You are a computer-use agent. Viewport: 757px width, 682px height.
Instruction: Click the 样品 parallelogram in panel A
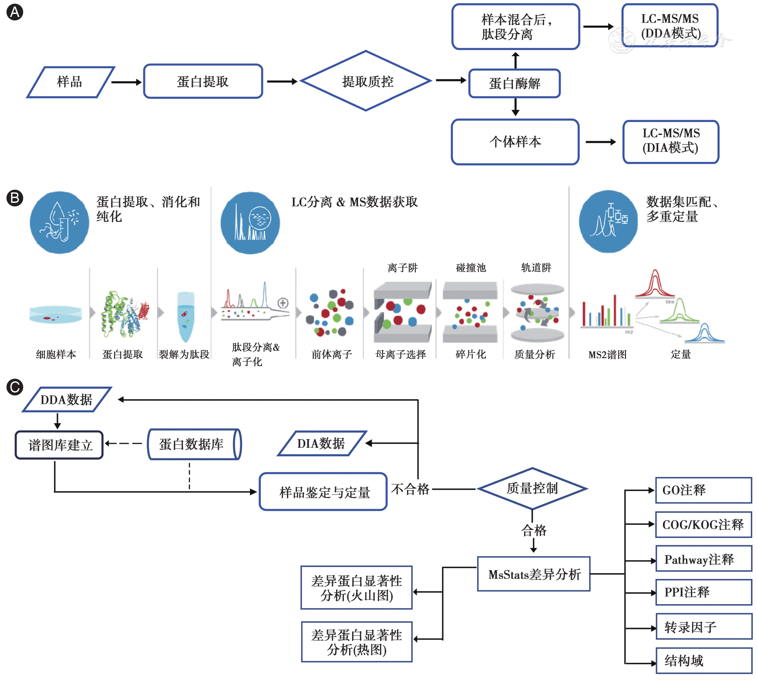[70, 82]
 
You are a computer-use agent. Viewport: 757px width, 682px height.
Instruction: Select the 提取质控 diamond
[366, 81]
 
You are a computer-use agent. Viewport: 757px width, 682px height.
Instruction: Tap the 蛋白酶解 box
[515, 83]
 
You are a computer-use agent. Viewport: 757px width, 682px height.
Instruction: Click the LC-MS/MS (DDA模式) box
[670, 26]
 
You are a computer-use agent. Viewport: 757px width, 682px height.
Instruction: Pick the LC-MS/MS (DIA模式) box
[671, 141]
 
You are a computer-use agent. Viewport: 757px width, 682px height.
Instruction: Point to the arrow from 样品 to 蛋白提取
[127, 82]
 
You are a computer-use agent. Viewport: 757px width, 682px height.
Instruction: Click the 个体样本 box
[515, 141]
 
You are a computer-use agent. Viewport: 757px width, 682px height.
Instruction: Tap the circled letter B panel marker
[15, 198]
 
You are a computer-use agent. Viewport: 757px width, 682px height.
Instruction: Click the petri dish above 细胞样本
[56, 314]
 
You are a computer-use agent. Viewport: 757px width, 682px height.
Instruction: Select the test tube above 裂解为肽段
[185, 316]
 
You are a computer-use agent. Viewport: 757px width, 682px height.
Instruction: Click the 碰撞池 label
[471, 268]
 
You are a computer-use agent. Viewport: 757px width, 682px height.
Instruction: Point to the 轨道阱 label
[536, 268]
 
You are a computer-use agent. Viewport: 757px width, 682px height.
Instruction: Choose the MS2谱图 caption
[607, 355]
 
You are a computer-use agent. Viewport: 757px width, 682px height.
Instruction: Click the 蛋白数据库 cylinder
[194, 444]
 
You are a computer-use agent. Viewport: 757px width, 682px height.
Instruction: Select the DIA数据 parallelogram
[322, 443]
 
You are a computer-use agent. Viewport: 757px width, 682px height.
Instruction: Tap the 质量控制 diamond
[532, 488]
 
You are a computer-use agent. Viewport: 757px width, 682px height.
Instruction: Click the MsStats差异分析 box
[534, 574]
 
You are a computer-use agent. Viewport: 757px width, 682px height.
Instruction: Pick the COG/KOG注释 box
[703, 524]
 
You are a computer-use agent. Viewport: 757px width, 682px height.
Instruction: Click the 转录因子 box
[703, 627]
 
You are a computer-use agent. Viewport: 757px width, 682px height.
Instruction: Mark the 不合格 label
[410, 489]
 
